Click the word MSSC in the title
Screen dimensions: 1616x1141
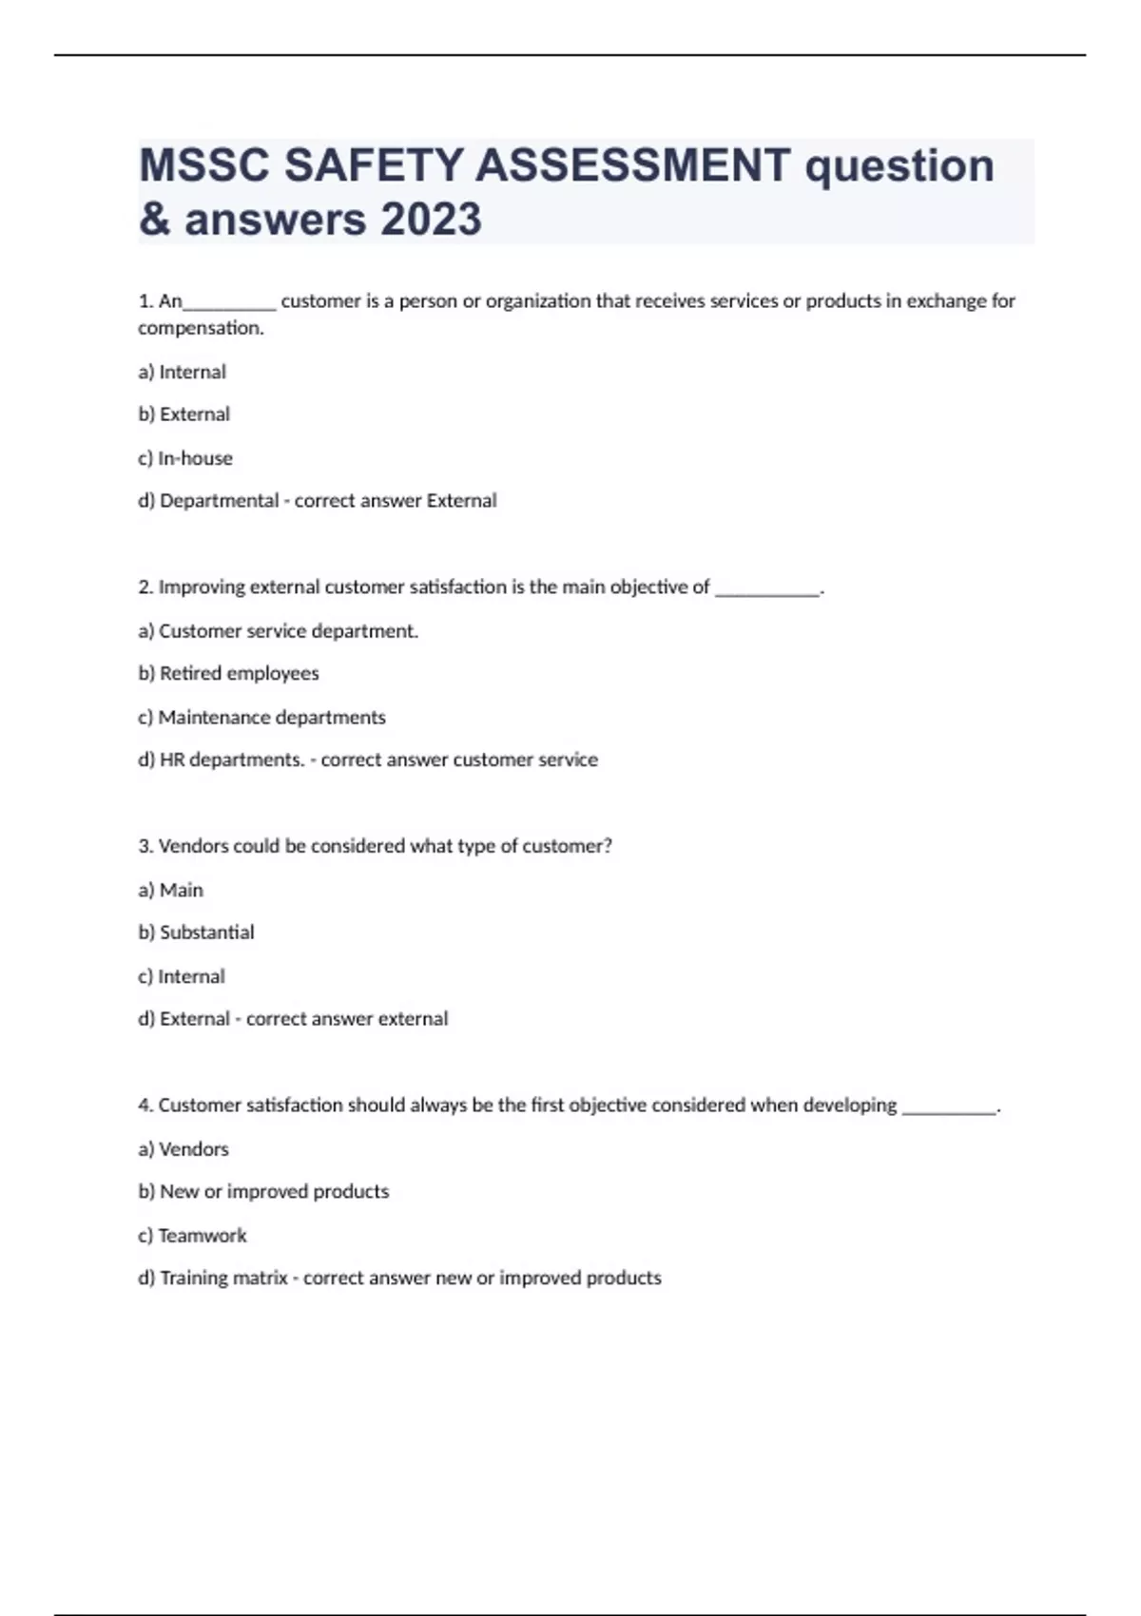coord(203,165)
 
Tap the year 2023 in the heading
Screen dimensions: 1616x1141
coord(431,220)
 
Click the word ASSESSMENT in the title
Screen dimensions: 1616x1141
coord(632,165)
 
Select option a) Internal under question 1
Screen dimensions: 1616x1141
coord(182,372)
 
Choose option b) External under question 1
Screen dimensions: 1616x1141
coord(184,414)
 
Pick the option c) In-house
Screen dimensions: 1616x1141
coord(184,458)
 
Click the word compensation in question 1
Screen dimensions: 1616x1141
coord(200,328)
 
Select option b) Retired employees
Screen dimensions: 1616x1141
coord(228,673)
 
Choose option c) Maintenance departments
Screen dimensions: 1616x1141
coord(261,718)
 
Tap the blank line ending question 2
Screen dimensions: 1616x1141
coord(766,591)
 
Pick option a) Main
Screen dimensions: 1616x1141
coord(170,890)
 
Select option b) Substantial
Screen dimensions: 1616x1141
coord(196,933)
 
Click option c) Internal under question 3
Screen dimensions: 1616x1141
coord(181,976)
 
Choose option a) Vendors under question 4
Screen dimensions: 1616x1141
coord(184,1149)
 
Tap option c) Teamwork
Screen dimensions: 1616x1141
coord(192,1236)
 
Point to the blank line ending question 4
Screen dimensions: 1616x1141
coord(948,1109)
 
